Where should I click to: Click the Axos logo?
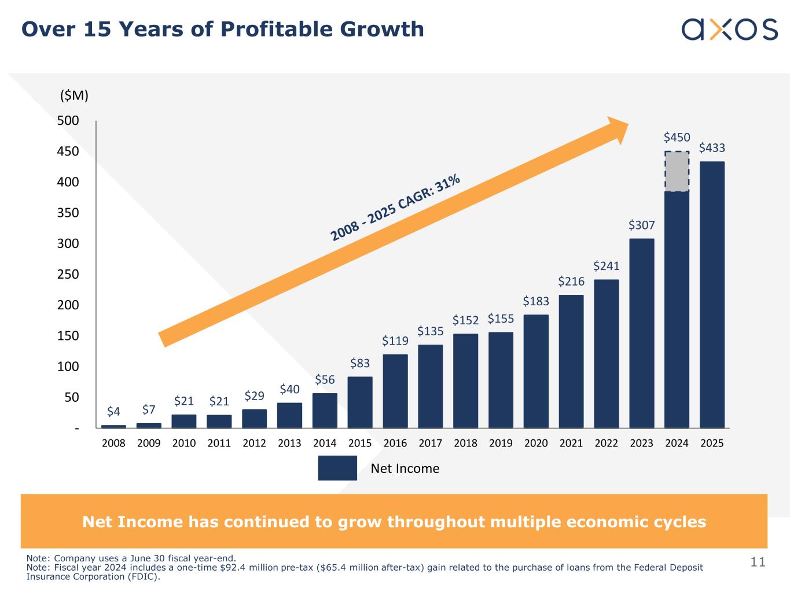[729, 29]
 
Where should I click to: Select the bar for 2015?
[360, 402]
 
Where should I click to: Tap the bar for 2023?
[642, 333]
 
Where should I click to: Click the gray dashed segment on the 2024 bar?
[677, 172]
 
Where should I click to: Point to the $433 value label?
[712, 148]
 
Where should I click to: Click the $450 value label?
[677, 138]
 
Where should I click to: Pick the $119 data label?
[395, 341]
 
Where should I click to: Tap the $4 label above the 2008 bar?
[113, 412]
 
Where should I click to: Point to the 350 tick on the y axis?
[68, 213]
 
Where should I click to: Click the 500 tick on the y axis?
[68, 121]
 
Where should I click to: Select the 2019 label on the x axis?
[501, 443]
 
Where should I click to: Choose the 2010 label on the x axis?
[184, 443]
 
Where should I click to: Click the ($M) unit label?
[74, 96]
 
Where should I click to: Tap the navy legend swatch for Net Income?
[337, 468]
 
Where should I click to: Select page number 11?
[758, 562]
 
